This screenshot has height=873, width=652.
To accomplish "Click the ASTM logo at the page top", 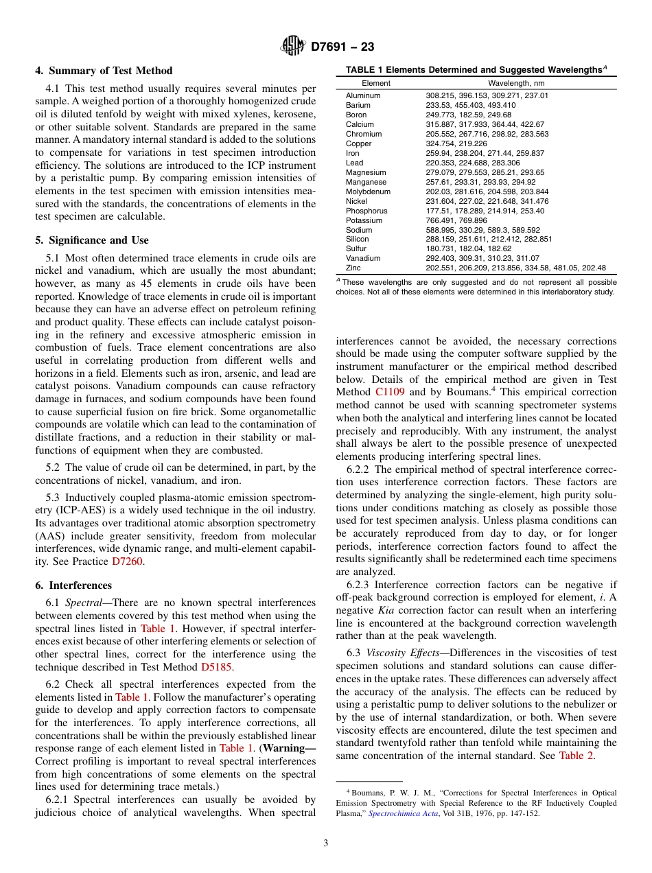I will (293, 47).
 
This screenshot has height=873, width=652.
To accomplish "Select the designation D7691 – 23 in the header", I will (342, 47).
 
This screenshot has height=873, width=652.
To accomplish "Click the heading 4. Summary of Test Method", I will (104, 71).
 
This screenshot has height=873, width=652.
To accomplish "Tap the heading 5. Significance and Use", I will (91, 240).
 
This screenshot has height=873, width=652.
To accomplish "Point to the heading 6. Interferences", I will (73, 585).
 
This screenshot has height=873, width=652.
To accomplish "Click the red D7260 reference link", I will (128, 561).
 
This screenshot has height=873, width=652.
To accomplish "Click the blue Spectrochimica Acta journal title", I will (403, 813).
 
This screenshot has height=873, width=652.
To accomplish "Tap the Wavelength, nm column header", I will (516, 83).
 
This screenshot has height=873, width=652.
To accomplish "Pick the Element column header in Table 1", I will (376, 83).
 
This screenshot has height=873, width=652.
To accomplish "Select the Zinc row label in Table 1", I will (353, 268).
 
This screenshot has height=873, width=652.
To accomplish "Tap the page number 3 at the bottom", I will (326, 843).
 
